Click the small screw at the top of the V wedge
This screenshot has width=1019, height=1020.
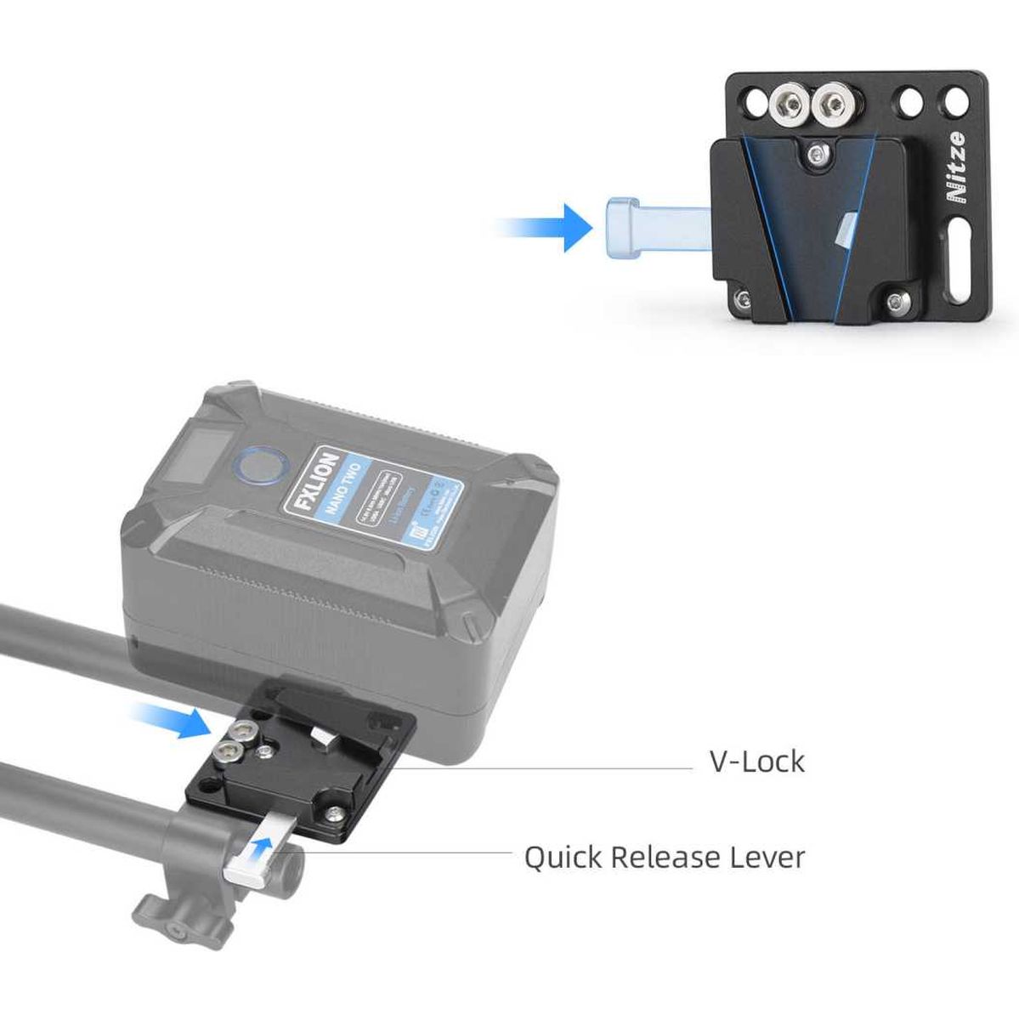817,154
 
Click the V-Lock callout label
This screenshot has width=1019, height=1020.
756,761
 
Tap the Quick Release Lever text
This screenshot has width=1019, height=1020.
664,857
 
